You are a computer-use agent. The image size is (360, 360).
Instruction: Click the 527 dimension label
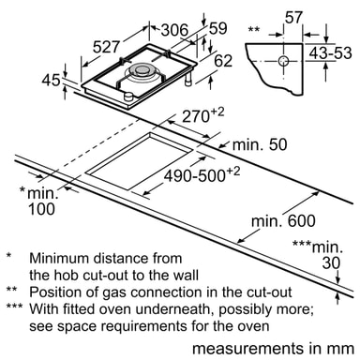[106, 47]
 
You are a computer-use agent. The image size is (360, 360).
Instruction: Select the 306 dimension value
[174, 30]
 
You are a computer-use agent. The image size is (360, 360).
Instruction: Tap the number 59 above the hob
[217, 28]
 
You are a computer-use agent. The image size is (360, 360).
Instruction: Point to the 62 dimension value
[223, 61]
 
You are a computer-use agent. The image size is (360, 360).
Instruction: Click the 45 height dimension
[51, 81]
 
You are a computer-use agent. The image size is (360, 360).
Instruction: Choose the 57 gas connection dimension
[293, 18]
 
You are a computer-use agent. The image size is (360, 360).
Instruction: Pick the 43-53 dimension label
[330, 53]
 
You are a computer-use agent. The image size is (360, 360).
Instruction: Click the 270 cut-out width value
[195, 116]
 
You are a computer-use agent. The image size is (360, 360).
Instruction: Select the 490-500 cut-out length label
[195, 175]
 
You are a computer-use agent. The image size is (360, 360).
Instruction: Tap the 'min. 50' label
[260, 144]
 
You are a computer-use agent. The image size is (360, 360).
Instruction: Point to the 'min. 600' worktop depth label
[283, 221]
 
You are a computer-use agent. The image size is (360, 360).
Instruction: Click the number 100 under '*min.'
[41, 209]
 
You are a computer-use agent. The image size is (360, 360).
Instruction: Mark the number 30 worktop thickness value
[331, 262]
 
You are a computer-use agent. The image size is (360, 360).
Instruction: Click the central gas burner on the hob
[140, 72]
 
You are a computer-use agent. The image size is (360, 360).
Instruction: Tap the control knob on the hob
[128, 97]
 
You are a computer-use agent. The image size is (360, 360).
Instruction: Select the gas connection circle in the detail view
[283, 61]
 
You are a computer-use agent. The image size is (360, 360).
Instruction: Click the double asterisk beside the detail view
[253, 29]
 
